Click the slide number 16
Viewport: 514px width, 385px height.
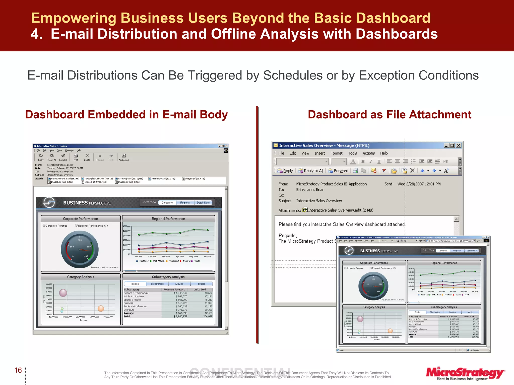point(18,370)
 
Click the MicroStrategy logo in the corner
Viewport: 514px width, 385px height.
point(465,373)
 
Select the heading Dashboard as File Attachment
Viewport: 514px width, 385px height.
point(390,115)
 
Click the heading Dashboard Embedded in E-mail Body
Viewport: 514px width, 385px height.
point(126,115)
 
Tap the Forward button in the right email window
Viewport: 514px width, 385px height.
point(338,171)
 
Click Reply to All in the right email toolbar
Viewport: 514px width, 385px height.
point(310,171)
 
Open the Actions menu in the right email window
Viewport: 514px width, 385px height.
point(368,153)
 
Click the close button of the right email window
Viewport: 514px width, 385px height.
point(459,145)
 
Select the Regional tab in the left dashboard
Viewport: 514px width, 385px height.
point(185,203)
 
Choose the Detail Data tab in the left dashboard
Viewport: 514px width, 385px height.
point(203,203)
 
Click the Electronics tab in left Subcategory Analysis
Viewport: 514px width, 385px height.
point(157,284)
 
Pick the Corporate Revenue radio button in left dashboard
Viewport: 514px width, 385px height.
point(44,225)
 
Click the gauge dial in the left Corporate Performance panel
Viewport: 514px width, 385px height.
point(80,249)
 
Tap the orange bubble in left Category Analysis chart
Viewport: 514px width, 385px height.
point(101,308)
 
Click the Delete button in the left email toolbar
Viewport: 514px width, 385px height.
point(87,157)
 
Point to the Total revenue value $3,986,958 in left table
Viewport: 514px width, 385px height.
point(180,316)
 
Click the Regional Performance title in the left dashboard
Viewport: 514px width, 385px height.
point(168,219)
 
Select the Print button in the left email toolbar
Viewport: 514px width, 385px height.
point(76,157)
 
